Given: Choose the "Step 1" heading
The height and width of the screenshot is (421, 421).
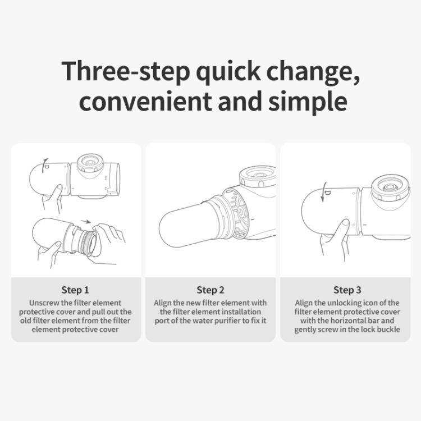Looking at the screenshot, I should [75, 290].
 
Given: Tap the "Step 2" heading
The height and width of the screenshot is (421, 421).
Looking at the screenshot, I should [210, 290].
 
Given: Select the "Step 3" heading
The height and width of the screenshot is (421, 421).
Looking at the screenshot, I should [347, 290].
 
